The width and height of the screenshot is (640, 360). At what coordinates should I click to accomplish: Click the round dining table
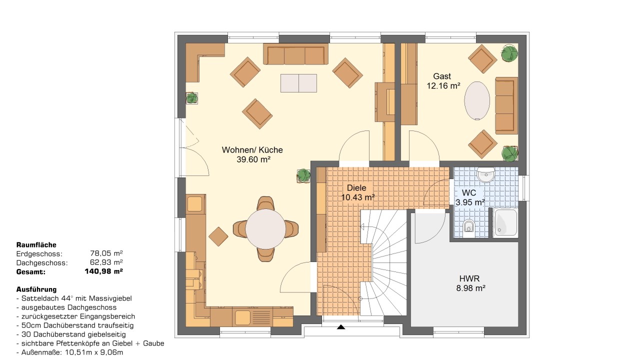point(265,229)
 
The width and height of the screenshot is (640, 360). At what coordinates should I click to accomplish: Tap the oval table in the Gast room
point(477,101)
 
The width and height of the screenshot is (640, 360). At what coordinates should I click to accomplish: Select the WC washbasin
point(485,174)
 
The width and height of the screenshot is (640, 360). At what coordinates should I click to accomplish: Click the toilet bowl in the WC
point(468,226)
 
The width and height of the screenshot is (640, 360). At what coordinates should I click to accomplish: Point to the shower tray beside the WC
point(505,223)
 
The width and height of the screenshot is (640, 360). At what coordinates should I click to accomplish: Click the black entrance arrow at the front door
point(341,327)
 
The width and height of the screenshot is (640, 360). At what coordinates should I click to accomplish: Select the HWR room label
point(469,278)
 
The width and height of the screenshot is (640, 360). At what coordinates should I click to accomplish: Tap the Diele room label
point(356,187)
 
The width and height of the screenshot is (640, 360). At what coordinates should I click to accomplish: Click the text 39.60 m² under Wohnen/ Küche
point(253,159)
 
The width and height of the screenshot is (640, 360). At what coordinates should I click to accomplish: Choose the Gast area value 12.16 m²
point(443,85)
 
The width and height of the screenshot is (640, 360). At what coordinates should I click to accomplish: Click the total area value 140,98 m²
point(103,271)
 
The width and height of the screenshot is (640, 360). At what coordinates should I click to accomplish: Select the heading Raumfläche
point(36,245)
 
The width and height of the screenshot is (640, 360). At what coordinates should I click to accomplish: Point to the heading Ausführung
point(36,289)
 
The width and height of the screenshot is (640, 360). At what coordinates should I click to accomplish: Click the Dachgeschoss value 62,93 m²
point(106,262)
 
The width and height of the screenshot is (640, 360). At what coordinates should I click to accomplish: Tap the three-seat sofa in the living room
point(295,54)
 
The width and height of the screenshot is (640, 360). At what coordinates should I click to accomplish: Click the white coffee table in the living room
point(298,83)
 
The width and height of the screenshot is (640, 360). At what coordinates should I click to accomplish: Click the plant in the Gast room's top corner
point(509,53)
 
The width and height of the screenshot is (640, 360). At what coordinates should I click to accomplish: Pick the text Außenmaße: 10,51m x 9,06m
point(69,352)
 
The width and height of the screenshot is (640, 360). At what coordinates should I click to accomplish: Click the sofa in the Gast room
point(506,105)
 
